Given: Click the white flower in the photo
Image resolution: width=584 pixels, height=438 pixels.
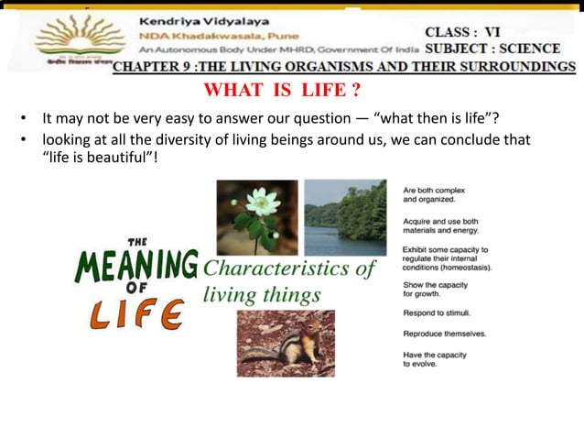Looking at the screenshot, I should [x=263, y=202].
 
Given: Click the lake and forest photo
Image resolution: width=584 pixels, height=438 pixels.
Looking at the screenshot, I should [x=344, y=217].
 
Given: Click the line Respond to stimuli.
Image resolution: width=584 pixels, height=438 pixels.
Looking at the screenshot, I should [x=437, y=312].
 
